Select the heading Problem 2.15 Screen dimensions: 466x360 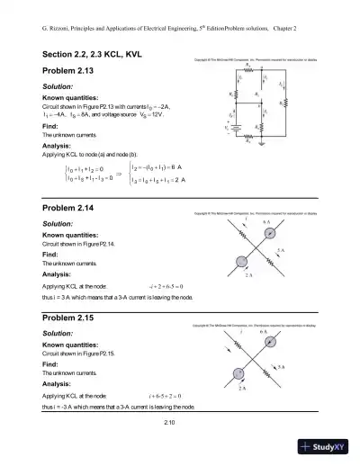coord(71,318)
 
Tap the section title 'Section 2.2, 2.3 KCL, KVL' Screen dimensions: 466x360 coord(97,55)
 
